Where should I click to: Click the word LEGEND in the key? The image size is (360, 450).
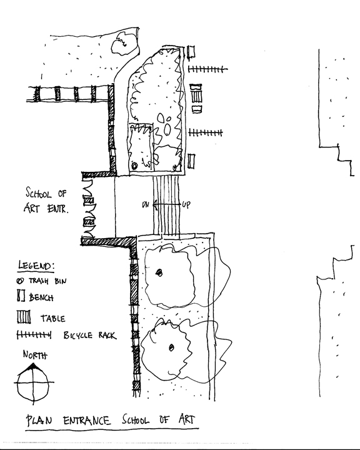(x=36, y=266)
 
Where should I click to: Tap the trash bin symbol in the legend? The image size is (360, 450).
(x=20, y=281)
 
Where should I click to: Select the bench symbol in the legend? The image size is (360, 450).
(x=21, y=295)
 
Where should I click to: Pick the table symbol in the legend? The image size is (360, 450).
(x=24, y=317)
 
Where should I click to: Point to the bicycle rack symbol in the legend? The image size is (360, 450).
(x=34, y=334)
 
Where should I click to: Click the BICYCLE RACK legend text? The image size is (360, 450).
(x=90, y=335)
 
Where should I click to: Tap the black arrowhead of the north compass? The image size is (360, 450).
(x=32, y=367)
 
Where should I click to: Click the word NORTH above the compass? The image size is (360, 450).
(x=35, y=355)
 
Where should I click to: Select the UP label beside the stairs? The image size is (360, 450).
(x=186, y=204)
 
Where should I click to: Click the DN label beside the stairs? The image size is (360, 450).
(x=146, y=204)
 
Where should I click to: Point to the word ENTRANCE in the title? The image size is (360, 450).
(x=87, y=421)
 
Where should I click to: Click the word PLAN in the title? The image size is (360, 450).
(x=39, y=421)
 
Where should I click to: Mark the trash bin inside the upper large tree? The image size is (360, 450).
(x=159, y=272)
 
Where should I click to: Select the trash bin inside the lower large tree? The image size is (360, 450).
(x=171, y=347)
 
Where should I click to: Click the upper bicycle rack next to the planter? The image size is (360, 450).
(x=207, y=69)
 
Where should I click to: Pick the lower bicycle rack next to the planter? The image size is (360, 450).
(x=206, y=132)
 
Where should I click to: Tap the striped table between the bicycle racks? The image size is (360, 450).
(x=197, y=96)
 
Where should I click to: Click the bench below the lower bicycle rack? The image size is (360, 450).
(x=191, y=161)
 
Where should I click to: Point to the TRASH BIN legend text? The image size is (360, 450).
(x=47, y=281)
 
